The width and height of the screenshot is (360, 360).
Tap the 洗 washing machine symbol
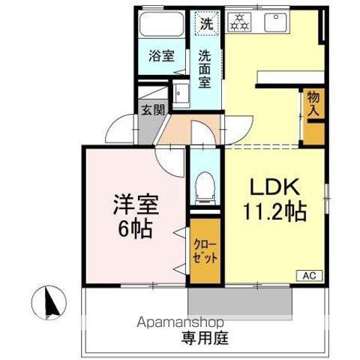(x=205, y=22)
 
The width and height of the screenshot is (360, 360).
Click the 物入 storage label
(x=313, y=103)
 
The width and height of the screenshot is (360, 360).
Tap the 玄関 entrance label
(x=151, y=107)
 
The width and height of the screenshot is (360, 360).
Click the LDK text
(x=271, y=187)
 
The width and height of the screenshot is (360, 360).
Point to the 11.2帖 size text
(x=273, y=212)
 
